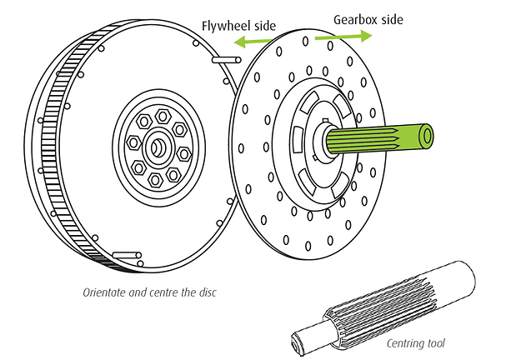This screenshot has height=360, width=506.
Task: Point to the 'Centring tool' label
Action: coord(414,342)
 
